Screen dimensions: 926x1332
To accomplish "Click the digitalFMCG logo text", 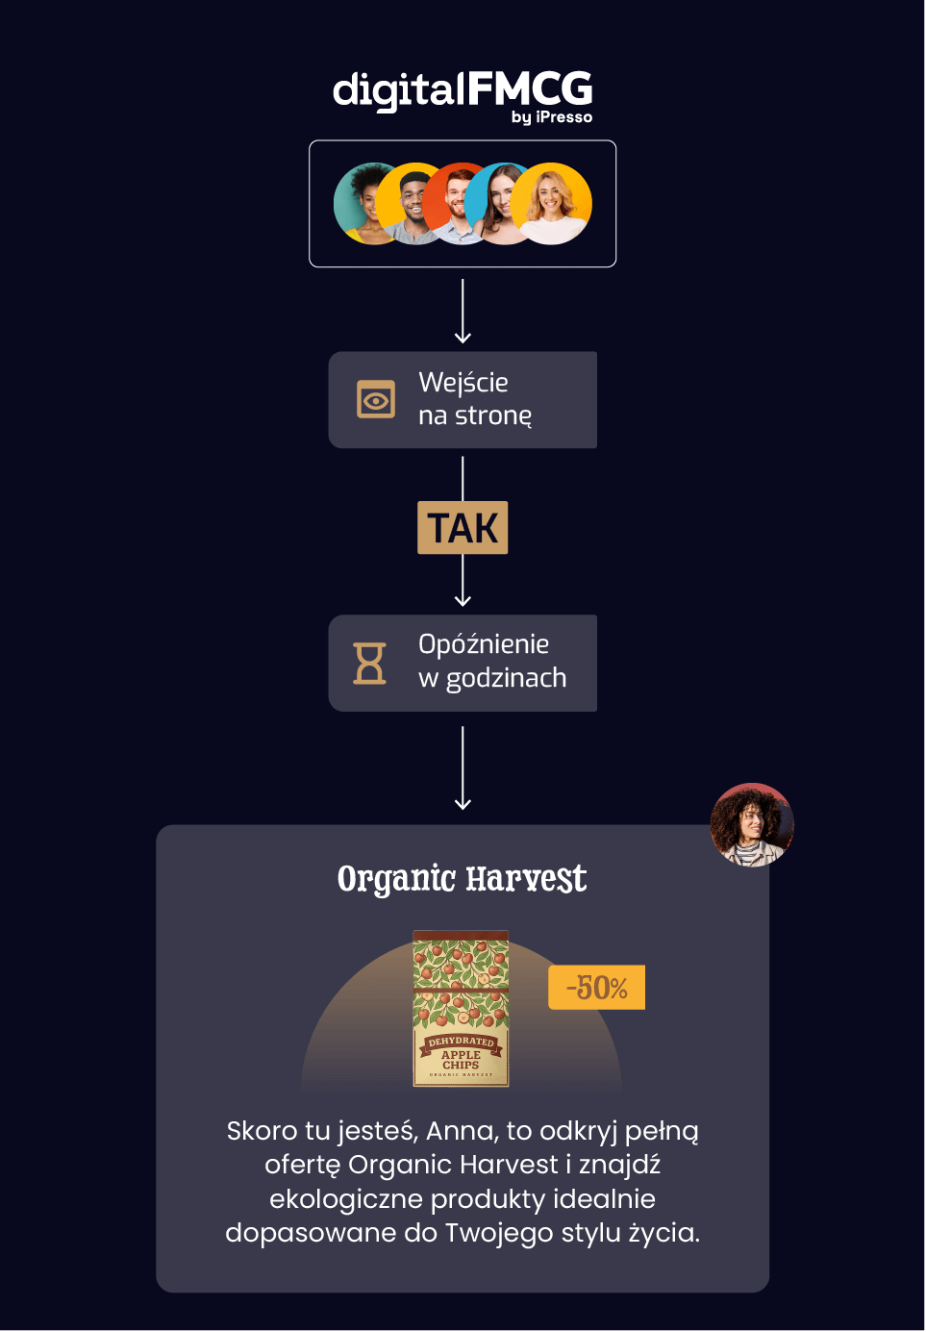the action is [462, 89].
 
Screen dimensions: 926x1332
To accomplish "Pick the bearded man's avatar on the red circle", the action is [456, 203].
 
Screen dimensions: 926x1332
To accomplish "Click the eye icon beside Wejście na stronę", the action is [376, 399].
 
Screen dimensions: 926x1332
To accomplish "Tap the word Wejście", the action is [463, 383].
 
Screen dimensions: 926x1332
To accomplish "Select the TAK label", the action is [463, 528].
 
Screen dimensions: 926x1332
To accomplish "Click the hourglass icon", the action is [370, 664].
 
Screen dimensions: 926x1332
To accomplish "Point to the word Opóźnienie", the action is [484, 644].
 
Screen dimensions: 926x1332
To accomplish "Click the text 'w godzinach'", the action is [492, 678].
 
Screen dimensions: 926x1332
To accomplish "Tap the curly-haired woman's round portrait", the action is [752, 825].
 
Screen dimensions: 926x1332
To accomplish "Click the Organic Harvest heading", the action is [462, 879].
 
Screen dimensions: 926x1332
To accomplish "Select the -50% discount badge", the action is [596, 988].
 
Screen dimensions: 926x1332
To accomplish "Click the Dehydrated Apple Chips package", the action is [461, 1008].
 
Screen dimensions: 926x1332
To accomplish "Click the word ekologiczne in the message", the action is [346, 1199].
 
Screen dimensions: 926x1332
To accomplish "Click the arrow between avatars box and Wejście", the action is [463, 311].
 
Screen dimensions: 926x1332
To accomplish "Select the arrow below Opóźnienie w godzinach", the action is [463, 767].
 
